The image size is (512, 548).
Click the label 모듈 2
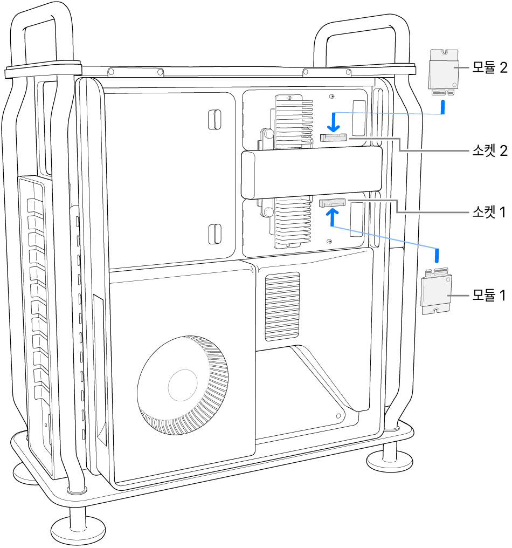pos(489,68)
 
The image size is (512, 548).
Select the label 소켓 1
pos(489,213)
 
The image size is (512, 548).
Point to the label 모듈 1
pos(489,295)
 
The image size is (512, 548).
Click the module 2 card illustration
pos(444,72)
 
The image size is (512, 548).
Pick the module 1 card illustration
pos(437,292)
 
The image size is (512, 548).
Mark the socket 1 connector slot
pos(333,203)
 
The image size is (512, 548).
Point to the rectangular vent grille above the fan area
pos(282,306)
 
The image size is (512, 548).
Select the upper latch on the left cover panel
pos(214,119)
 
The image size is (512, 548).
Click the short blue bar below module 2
pos(443,107)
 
